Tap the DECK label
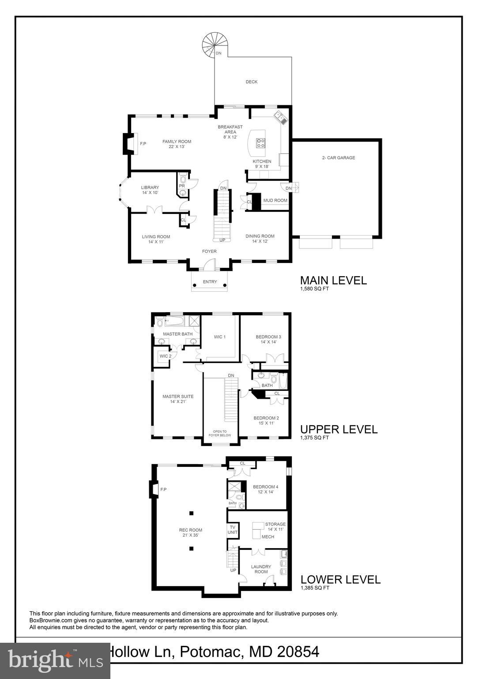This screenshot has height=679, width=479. point(251,82)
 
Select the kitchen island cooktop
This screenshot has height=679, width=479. point(261,142)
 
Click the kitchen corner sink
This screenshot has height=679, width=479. point(279,117)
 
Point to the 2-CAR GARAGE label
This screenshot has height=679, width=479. point(338,158)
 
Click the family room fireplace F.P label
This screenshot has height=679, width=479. point(143,144)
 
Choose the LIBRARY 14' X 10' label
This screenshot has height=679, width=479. point(150,190)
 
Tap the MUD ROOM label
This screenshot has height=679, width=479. point(275,201)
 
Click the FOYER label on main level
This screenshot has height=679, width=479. point(209,252)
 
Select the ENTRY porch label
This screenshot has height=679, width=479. point(210,282)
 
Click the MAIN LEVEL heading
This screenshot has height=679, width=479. point(333,280)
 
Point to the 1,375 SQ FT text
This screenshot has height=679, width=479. point(314,438)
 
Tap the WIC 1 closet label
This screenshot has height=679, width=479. point(220,337)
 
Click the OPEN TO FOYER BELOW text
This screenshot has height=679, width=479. point(219,433)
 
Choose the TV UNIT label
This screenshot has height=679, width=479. point(232,530)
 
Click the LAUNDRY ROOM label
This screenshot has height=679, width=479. point(261,569)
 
